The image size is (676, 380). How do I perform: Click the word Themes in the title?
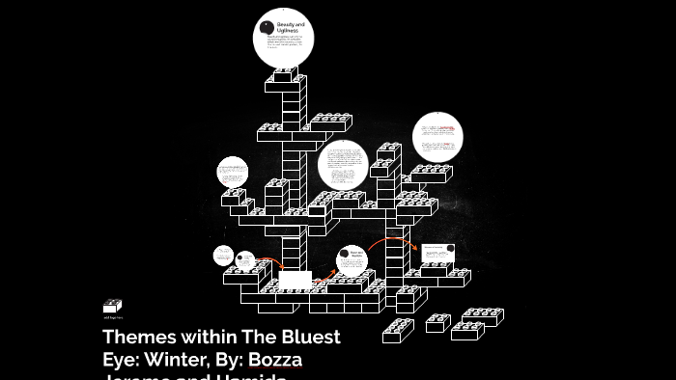click(137, 338)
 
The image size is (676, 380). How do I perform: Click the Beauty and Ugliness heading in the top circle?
click(291, 27)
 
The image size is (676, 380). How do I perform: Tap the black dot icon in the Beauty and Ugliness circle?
click(267, 26)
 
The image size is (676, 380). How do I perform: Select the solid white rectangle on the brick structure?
click(295, 280)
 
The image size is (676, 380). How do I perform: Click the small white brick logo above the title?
click(112, 306)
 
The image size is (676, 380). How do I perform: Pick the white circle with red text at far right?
click(437, 138)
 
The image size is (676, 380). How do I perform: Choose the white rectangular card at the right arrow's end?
click(437, 253)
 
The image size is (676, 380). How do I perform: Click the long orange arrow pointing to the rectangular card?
click(391, 241)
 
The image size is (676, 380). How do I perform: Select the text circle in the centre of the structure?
click(343, 164)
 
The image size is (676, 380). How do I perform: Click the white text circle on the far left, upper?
click(233, 174)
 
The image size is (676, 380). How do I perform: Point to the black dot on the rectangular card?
click(426, 247)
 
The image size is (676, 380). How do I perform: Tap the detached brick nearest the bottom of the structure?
click(398, 330)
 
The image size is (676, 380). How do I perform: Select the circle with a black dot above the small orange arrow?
click(245, 259)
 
